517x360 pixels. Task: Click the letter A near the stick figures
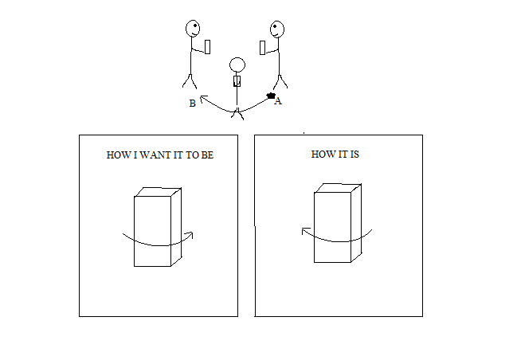click(278, 101)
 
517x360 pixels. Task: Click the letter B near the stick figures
click(193, 104)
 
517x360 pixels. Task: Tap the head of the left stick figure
click(193, 29)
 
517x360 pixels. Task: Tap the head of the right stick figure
click(277, 29)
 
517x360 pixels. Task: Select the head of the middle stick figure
click(237, 65)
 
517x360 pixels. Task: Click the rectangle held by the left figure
click(207, 47)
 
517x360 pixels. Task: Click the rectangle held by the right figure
click(262, 48)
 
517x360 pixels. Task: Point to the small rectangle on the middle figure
click(237, 81)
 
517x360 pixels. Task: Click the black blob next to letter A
click(271, 96)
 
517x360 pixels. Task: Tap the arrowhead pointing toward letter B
click(202, 98)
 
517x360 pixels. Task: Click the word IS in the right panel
click(354, 154)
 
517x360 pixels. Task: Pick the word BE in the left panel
click(207, 155)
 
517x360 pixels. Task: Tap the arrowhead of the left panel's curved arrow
click(190, 234)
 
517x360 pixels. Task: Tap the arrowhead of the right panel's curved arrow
click(304, 230)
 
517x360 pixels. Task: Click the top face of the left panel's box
click(158, 192)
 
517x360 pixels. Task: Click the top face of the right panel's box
click(338, 188)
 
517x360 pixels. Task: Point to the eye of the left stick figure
click(195, 25)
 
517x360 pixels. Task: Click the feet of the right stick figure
click(280, 82)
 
